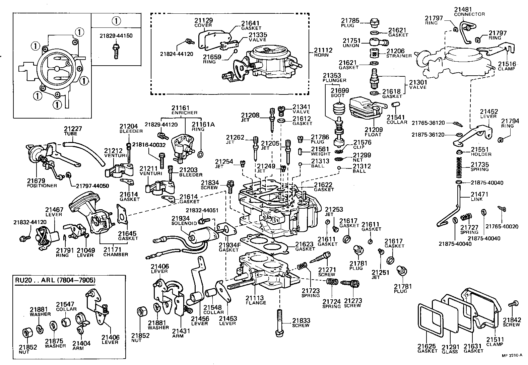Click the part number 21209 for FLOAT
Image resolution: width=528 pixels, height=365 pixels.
373,130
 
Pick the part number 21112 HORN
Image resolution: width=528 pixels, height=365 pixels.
323,52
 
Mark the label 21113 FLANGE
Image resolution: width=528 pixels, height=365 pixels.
255,300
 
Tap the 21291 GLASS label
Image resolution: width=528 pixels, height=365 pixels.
449,349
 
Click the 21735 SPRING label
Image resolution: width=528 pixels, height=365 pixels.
480,166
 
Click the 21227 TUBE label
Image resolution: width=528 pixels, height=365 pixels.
73,131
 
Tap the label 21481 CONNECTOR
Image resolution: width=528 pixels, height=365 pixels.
469,11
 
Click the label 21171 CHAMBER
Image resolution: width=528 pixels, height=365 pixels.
115,251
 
